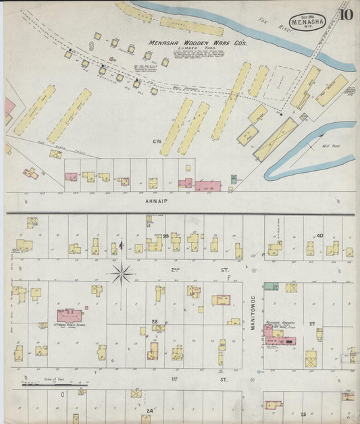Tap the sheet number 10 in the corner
point(346,14)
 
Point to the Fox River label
point(272,25)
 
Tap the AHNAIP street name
point(155,201)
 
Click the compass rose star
point(121,273)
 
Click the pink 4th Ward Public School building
point(70,315)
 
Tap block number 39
point(165,235)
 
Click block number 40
point(319,236)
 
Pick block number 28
point(154,322)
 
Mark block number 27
point(312,324)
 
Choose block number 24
point(149,410)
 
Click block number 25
point(303,413)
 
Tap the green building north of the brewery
point(270,287)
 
